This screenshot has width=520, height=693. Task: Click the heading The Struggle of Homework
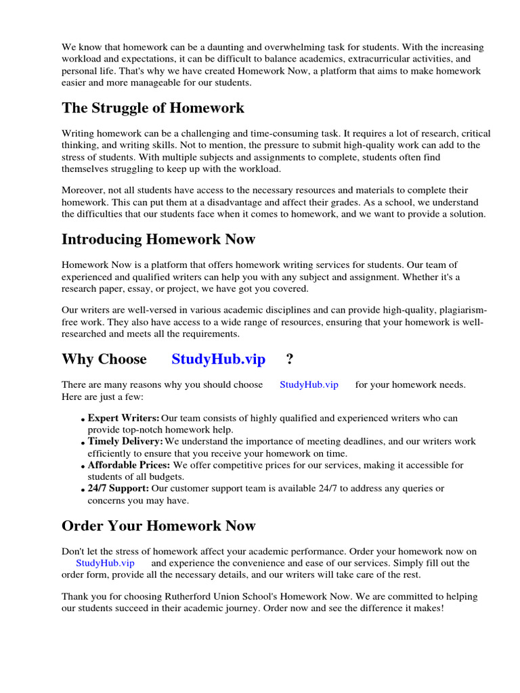(x=153, y=108)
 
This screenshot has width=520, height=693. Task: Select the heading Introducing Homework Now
(x=158, y=240)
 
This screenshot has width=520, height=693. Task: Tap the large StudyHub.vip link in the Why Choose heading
(x=218, y=359)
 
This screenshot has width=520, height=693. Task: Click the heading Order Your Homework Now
(x=158, y=527)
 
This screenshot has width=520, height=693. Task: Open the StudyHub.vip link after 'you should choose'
(x=309, y=385)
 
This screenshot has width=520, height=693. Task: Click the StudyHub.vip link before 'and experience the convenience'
(x=105, y=563)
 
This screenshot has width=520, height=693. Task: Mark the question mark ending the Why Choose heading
(x=290, y=359)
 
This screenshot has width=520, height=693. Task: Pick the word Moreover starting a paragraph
(x=83, y=191)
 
